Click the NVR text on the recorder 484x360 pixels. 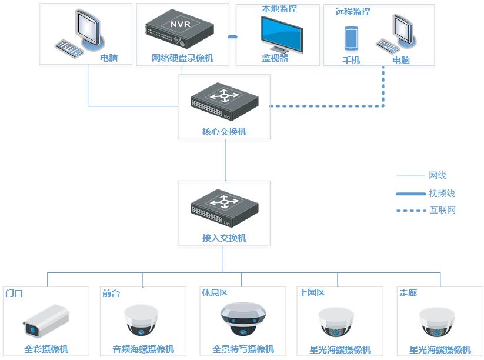click(x=181, y=24)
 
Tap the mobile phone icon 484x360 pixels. click(x=351, y=39)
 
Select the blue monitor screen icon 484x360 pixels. click(x=282, y=35)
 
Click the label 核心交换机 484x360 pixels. click(x=224, y=132)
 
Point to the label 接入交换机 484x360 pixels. click(x=224, y=238)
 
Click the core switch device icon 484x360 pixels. click(x=225, y=102)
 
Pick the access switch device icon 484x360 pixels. click(x=225, y=208)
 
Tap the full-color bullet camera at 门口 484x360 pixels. click(x=46, y=321)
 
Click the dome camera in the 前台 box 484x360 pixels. click(x=141, y=321)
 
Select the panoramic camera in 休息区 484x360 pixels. click(x=243, y=319)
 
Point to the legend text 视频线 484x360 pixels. click(x=442, y=194)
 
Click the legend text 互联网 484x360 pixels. click(x=443, y=210)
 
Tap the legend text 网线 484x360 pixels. click(x=438, y=175)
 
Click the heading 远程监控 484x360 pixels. click(x=353, y=12)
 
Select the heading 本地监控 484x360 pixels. click(x=279, y=9)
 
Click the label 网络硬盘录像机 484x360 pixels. click(x=182, y=58)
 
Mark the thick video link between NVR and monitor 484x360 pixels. click(x=232, y=36)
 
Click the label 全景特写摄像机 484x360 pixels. click(x=243, y=349)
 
